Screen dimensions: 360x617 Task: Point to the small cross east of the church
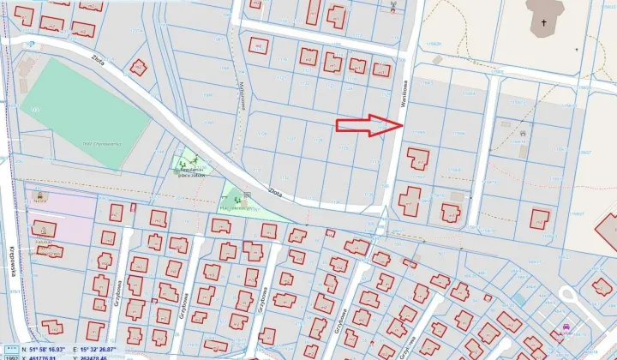[x=577, y=49]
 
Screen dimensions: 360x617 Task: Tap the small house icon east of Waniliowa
[x=522, y=134]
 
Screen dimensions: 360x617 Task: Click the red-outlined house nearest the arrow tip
[x=417, y=159]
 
